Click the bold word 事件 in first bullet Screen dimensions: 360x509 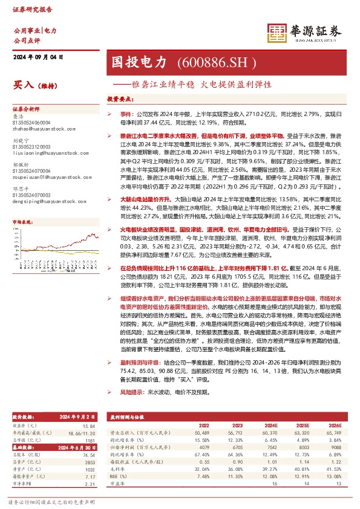tap(125, 113)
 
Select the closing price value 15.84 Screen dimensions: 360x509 tap(90, 427)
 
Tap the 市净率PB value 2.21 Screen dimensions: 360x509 tap(91, 484)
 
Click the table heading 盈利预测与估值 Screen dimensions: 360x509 tap(127, 417)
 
